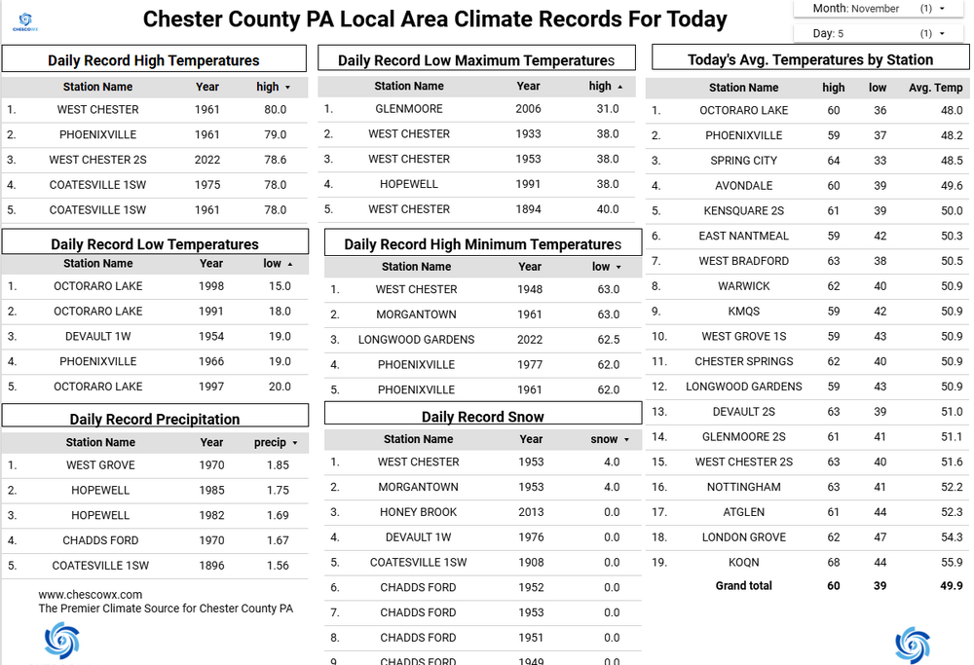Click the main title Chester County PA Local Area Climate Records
[434, 18]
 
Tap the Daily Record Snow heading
[482, 417]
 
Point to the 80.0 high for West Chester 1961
[275, 110]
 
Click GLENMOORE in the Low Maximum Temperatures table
[409, 109]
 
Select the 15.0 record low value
[280, 286]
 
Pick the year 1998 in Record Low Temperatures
[211, 286]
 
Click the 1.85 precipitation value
[278, 465]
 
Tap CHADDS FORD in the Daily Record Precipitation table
[100, 540]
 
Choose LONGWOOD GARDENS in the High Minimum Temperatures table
[416, 340]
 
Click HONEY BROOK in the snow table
[419, 512]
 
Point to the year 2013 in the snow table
[531, 512]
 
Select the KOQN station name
[744, 563]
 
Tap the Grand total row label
[744, 586]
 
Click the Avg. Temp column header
[935, 88]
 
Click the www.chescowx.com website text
[91, 594]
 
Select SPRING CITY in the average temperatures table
[744, 161]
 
